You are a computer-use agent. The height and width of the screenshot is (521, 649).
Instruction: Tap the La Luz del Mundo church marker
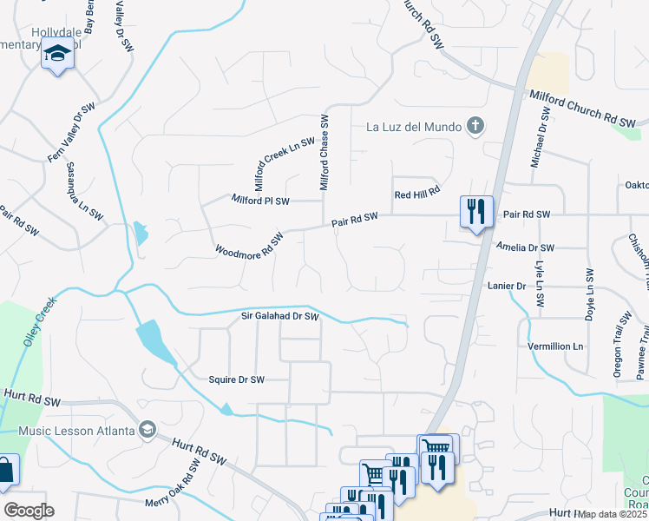click(x=474, y=128)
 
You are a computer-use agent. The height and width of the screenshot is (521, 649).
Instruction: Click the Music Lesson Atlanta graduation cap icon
click(x=147, y=431)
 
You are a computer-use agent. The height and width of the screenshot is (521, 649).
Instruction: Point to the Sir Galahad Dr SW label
click(x=280, y=318)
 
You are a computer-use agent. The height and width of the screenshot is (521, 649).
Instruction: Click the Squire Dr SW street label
click(x=236, y=379)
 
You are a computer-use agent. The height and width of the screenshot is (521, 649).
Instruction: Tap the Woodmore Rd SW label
click(x=250, y=245)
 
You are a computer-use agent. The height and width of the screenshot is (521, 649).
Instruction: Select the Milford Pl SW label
click(x=260, y=200)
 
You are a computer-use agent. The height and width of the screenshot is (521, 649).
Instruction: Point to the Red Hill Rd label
click(x=417, y=194)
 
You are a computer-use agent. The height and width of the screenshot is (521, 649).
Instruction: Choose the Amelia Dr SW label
click(x=524, y=247)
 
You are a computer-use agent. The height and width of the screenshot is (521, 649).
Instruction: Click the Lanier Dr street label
click(x=509, y=286)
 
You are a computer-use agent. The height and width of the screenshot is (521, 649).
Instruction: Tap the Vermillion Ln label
click(x=555, y=346)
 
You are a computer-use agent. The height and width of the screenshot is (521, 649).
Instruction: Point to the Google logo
click(x=29, y=511)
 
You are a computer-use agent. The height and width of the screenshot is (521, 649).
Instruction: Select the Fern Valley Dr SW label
click(x=71, y=133)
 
